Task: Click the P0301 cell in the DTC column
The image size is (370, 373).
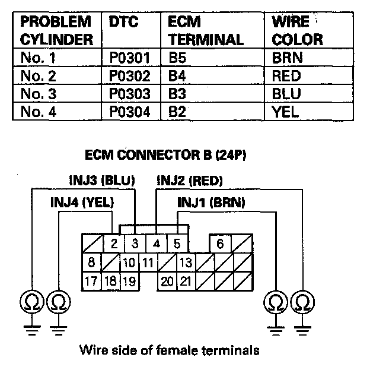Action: tap(130, 58)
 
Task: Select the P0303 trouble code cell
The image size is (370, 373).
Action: tap(130, 94)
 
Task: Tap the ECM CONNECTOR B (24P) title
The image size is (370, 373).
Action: tap(165, 155)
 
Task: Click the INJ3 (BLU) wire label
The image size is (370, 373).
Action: tap(102, 181)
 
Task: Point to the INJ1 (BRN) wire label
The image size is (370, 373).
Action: tap(211, 203)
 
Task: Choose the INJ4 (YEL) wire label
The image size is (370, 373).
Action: tap(82, 203)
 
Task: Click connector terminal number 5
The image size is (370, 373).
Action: tap(177, 244)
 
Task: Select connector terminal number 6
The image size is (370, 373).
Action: tap(220, 244)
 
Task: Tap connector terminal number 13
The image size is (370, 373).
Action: tap(186, 263)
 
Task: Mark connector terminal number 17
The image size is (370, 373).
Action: tap(91, 281)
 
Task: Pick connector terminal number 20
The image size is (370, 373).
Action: tap(167, 282)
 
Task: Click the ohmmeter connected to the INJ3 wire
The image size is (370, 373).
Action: tap(32, 302)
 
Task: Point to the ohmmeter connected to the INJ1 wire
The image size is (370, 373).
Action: tap(276, 302)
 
